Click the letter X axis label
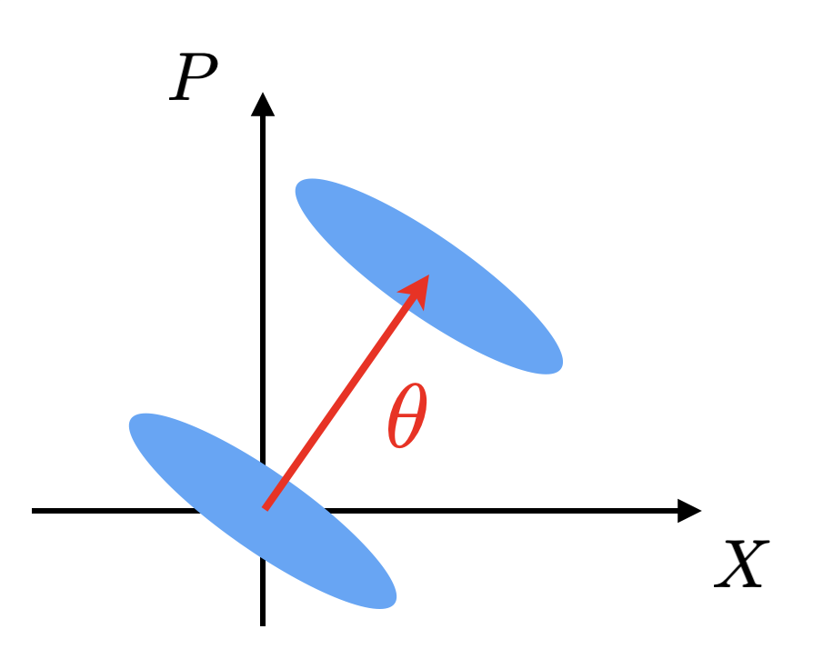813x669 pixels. click(741, 565)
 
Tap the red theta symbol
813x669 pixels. click(406, 417)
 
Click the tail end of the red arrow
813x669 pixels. click(265, 507)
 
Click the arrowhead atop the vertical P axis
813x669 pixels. click(263, 104)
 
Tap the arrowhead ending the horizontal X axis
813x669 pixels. click(690, 511)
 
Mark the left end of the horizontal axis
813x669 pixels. click(34, 511)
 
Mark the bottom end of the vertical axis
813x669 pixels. click(263, 624)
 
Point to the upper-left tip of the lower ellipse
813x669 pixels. click(135, 420)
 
